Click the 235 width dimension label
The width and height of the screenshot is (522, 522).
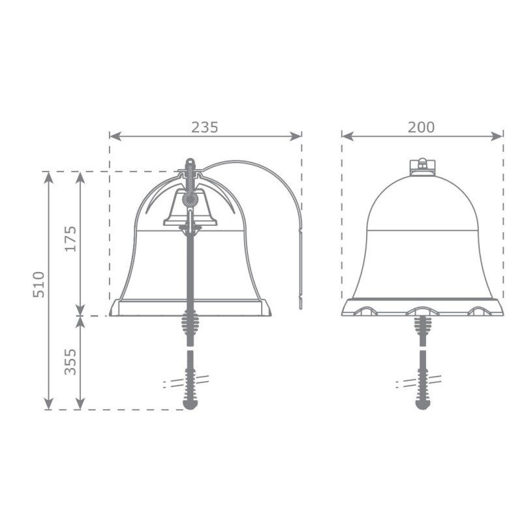205,127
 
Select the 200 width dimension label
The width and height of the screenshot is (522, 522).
422,127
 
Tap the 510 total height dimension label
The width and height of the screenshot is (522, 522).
38,284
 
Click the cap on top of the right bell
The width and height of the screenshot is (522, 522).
422,166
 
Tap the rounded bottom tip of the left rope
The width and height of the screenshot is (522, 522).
190,405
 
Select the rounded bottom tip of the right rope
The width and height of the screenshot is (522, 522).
422,405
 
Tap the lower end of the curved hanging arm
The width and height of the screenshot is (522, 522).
300,305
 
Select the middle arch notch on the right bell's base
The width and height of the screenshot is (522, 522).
422,310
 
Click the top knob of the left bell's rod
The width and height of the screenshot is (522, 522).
190,162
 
